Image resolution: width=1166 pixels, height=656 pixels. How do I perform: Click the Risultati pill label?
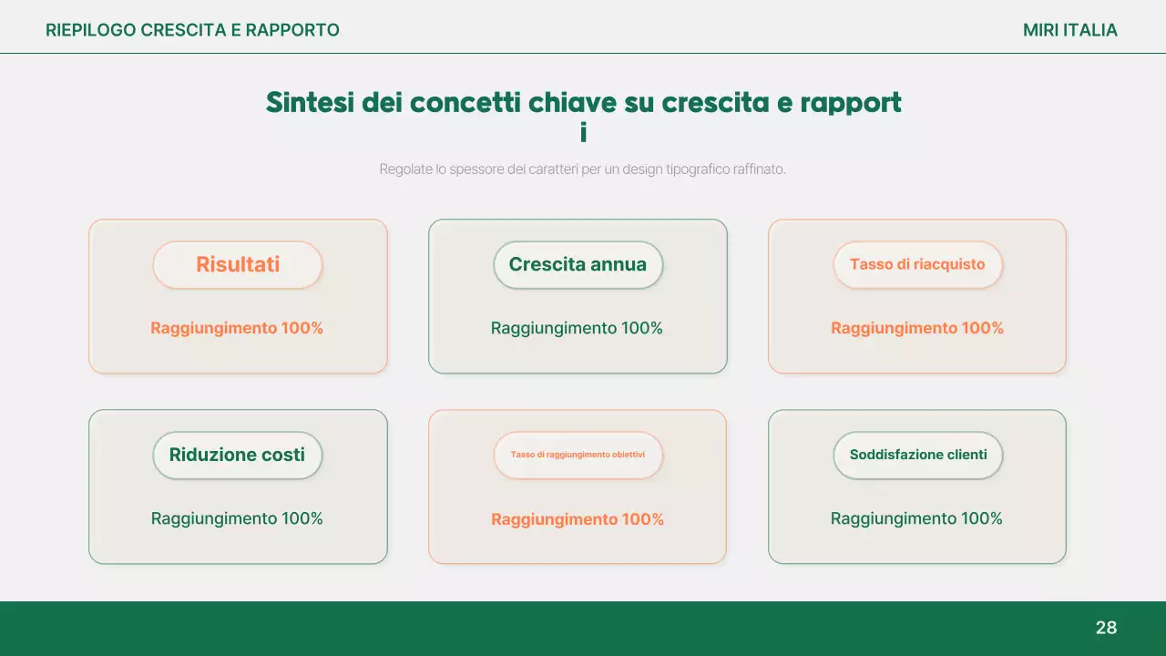(x=238, y=265)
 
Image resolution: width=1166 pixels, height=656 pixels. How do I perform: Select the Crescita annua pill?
(x=578, y=265)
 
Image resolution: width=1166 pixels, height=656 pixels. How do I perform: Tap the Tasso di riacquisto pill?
(x=917, y=265)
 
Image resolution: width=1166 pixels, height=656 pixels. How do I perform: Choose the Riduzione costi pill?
(x=237, y=455)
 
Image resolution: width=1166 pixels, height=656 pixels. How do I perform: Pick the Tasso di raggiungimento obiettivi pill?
(x=578, y=455)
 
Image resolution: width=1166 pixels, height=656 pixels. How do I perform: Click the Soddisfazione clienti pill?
(x=917, y=455)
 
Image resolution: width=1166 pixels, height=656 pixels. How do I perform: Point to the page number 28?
(x=1106, y=628)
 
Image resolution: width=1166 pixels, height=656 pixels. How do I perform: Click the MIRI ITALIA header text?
(x=1069, y=30)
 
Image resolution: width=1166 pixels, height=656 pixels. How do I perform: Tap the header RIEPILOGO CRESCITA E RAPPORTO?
(x=192, y=30)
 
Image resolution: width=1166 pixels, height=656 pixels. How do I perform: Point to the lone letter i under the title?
(x=583, y=133)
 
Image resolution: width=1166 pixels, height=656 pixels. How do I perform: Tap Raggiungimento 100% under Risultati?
(x=237, y=328)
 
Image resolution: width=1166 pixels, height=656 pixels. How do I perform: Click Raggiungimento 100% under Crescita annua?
(x=577, y=328)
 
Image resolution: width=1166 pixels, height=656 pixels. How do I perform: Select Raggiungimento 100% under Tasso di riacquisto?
(x=917, y=328)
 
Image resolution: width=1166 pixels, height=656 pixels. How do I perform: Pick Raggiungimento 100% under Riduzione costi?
(x=237, y=518)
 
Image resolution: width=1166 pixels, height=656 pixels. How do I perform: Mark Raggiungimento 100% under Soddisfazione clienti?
(x=916, y=518)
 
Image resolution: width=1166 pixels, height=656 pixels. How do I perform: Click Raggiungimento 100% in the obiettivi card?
(x=578, y=519)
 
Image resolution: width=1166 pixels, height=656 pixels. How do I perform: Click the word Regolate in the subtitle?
(x=405, y=169)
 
